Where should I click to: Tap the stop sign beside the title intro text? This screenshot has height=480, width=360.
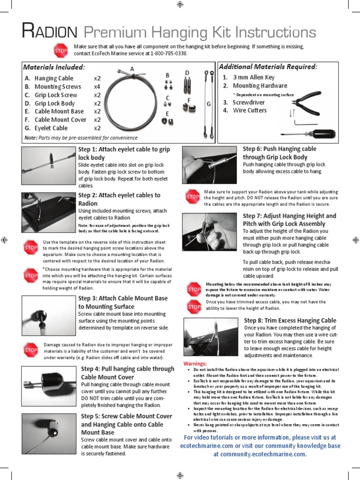tap(61, 50)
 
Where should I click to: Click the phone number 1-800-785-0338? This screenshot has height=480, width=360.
tap(169, 53)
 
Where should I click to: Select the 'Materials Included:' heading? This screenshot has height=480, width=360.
tap(54, 67)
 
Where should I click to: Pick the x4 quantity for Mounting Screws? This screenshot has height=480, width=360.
tap(97, 87)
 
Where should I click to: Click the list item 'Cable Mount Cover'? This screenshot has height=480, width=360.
tap(60, 120)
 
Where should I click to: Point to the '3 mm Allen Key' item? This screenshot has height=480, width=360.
tap(254, 77)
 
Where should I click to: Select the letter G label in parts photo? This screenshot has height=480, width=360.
tap(209, 104)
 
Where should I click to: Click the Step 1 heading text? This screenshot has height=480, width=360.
tap(124, 153)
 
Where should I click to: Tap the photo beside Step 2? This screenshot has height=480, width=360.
tap(49, 212)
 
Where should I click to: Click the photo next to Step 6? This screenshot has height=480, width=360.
tap(209, 164)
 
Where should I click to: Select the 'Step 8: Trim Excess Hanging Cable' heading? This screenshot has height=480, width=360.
tap(290, 321)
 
